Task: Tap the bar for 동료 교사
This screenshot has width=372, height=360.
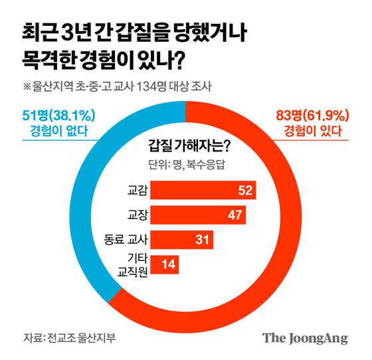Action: point(182,238)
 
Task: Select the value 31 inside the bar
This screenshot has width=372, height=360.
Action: point(202,238)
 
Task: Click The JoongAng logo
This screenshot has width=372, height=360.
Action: point(305,337)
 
